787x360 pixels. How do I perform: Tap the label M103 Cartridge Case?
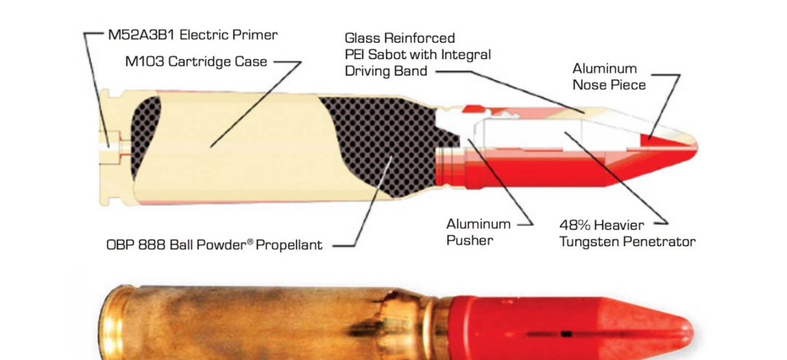196,62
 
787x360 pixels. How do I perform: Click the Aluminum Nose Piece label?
608,77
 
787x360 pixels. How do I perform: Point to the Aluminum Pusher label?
478,232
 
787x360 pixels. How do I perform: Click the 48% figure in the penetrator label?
575,224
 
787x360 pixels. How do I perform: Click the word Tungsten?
584,242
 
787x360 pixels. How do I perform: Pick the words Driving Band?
386,71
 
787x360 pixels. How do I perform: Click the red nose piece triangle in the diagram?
662,140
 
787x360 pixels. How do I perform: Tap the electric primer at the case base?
114,146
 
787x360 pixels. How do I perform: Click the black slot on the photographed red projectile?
567,333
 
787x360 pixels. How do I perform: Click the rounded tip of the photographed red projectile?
684,329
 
